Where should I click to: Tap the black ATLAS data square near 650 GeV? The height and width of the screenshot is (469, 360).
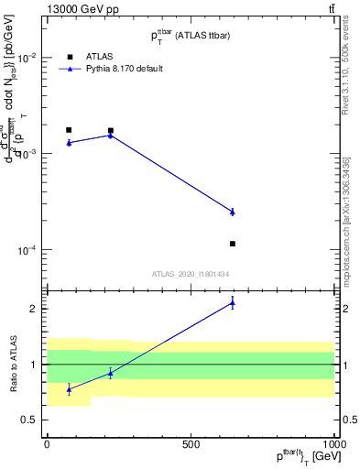(233, 244)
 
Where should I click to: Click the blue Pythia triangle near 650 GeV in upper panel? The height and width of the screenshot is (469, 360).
(233, 212)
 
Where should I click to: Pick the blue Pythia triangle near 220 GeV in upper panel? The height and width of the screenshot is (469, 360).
(111, 135)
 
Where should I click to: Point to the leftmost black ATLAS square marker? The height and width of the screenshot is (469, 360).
(69, 130)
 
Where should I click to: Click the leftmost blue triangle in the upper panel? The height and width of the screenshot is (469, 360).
(69, 143)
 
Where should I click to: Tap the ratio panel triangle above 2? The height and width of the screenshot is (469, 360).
(233, 303)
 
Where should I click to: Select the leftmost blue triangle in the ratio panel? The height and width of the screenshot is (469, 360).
(69, 389)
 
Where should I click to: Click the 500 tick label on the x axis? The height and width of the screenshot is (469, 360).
(191, 443)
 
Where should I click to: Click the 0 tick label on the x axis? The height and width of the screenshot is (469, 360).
(47, 443)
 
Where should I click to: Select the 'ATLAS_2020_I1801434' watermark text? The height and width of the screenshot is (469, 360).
(190, 274)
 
